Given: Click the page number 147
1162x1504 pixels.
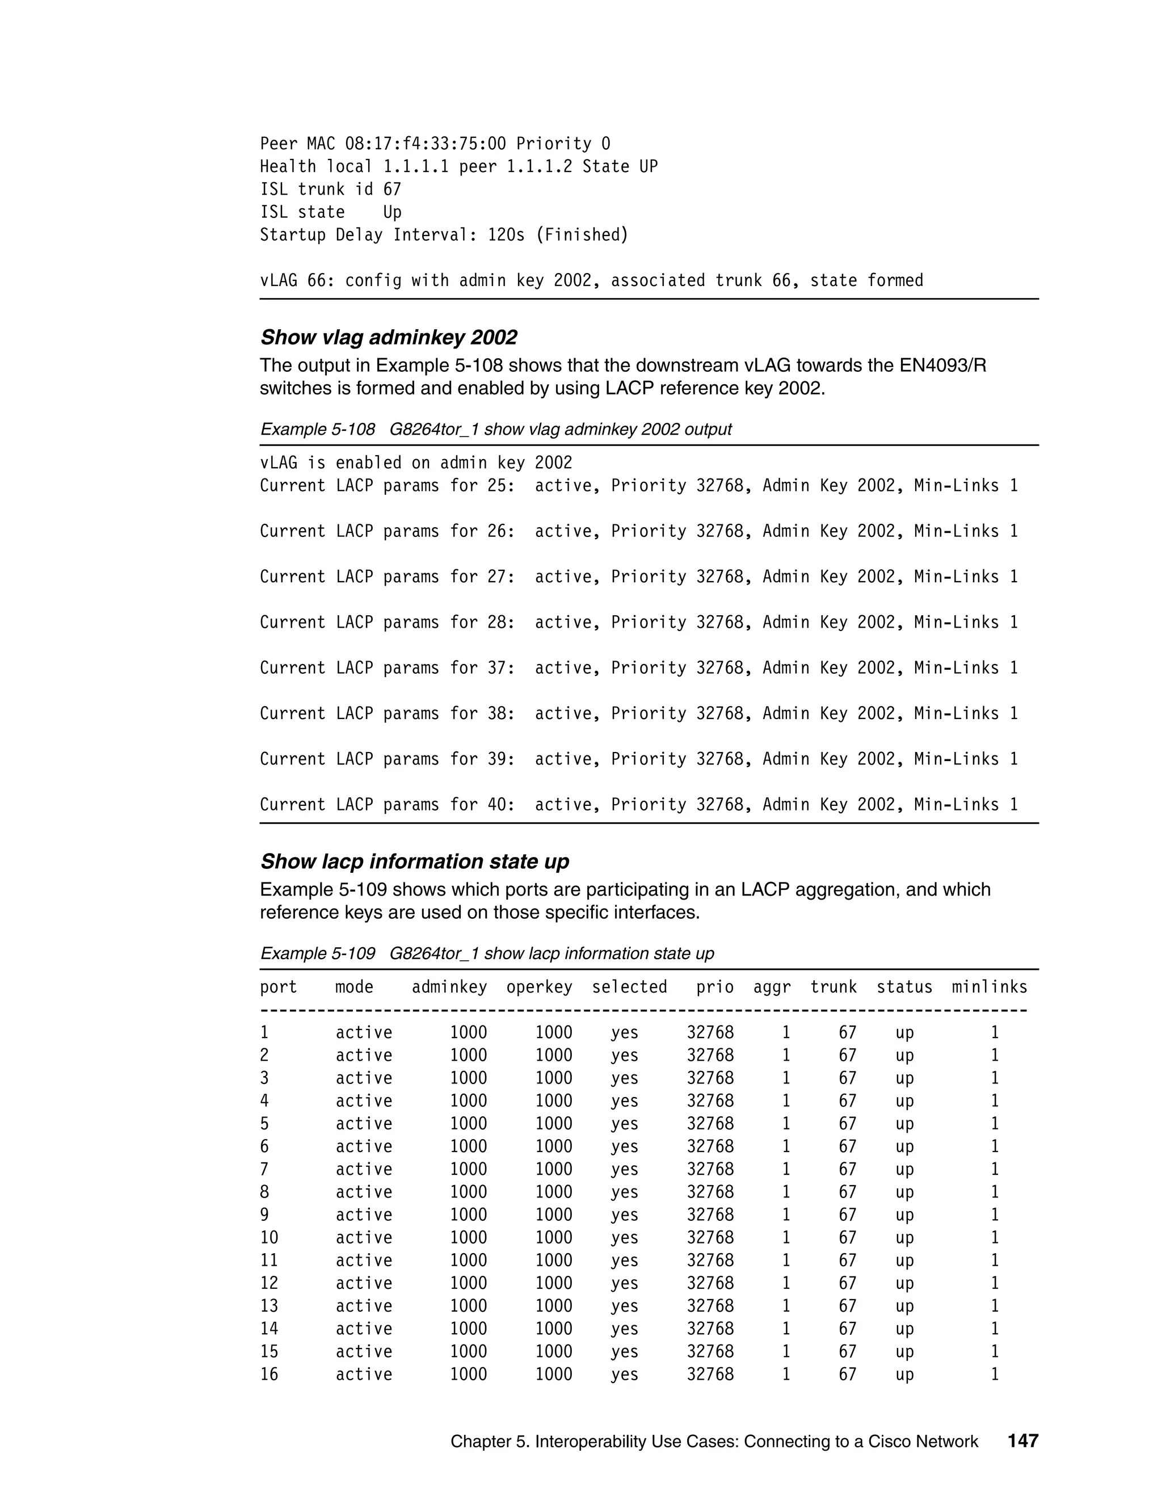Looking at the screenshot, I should (1022, 1440).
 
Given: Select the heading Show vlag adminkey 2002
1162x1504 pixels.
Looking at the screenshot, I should (388, 338).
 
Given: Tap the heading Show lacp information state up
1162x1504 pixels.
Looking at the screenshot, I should (414, 862).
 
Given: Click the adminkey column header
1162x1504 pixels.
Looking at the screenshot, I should (449, 987).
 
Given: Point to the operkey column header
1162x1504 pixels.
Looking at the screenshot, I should (539, 987).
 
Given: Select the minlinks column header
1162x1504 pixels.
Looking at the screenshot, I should (988, 987).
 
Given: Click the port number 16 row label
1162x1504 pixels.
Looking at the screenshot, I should (269, 1374).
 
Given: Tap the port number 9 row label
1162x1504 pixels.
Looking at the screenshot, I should (264, 1215).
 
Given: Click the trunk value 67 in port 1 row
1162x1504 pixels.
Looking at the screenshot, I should (848, 1033).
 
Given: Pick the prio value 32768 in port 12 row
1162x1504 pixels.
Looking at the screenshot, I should (710, 1283).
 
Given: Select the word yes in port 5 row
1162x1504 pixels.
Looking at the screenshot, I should (624, 1124).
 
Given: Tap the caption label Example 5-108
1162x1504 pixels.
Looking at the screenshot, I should (317, 429).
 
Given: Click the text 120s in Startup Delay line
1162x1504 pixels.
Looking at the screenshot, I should (506, 235).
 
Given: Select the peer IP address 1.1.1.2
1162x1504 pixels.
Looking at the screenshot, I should (539, 167).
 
